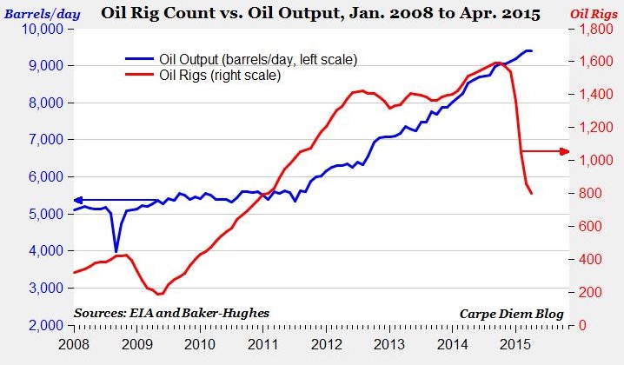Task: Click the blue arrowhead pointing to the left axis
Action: [75, 201]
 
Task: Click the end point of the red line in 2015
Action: [531, 193]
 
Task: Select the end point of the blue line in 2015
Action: [532, 50]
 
